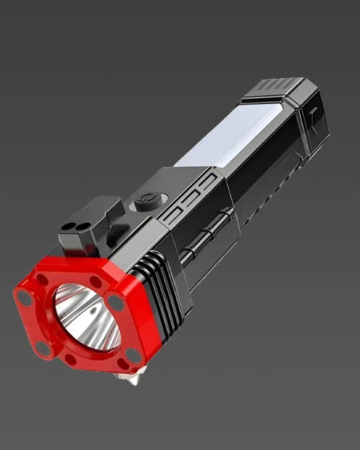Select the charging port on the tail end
pos(313,113)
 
